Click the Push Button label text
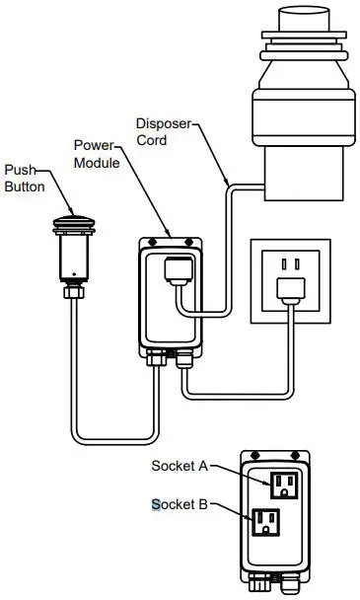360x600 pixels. point(24,178)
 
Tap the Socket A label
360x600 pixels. point(179,466)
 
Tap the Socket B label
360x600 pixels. point(179,504)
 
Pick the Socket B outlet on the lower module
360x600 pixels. point(265,521)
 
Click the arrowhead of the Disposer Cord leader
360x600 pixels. point(229,184)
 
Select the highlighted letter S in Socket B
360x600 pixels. point(155,504)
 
